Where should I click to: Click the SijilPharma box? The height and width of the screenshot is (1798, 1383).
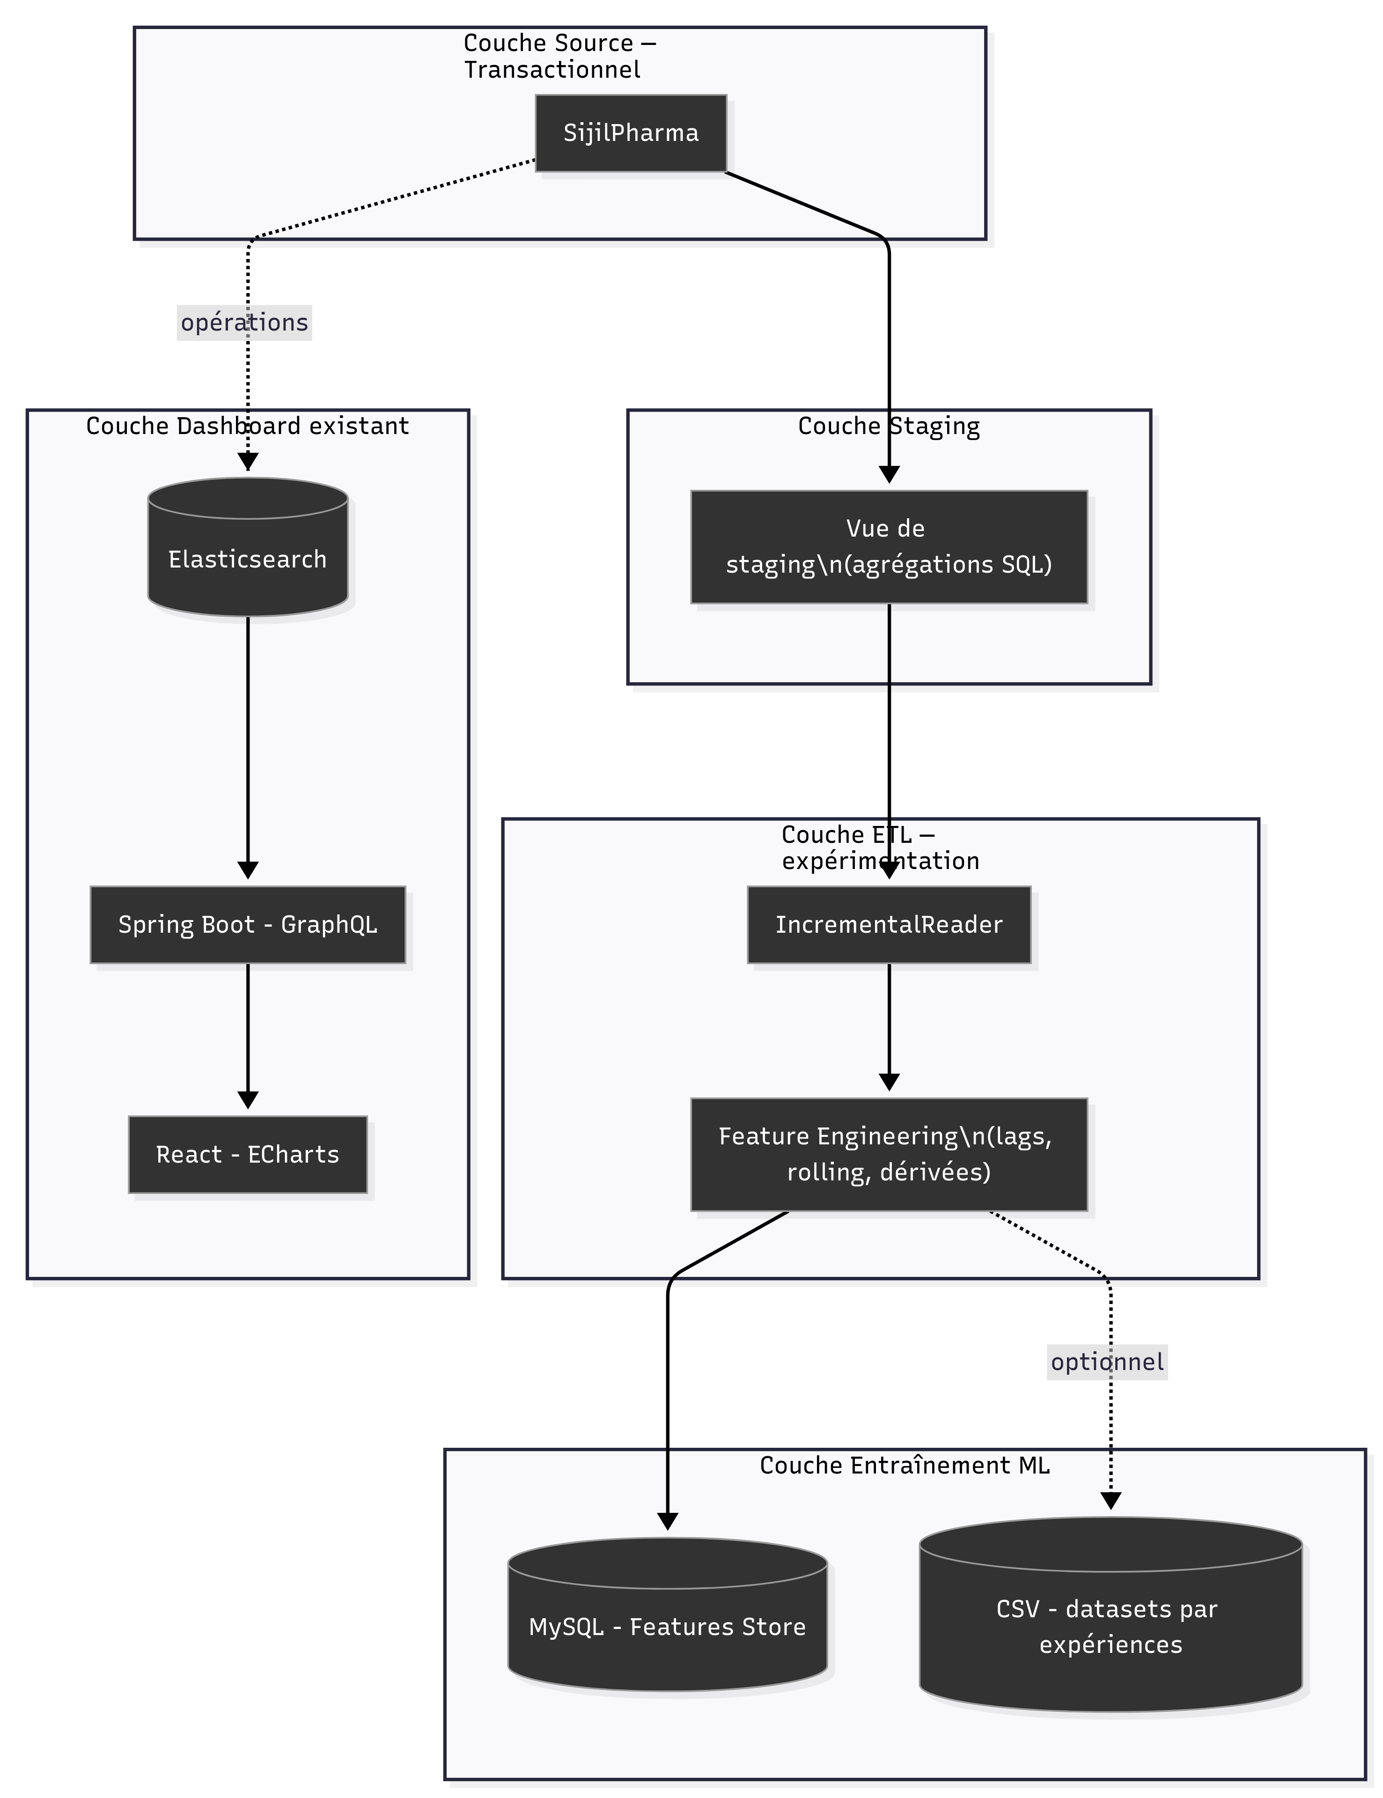point(631,133)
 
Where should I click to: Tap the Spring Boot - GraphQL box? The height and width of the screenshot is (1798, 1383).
point(248,925)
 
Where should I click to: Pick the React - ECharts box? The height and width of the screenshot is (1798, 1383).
point(248,1154)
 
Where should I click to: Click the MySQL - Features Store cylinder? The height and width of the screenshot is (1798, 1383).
point(668,1627)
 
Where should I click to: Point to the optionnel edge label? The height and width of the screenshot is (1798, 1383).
point(1107,1362)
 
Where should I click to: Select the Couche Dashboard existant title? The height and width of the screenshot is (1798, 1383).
point(248,427)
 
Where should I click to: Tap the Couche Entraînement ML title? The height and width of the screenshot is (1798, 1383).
point(904,1466)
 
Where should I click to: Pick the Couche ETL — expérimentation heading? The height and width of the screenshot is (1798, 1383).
point(880,848)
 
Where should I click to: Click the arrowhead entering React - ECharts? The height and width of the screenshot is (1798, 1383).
point(248,1101)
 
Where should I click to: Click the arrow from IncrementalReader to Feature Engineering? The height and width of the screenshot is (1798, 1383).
point(889,1025)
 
